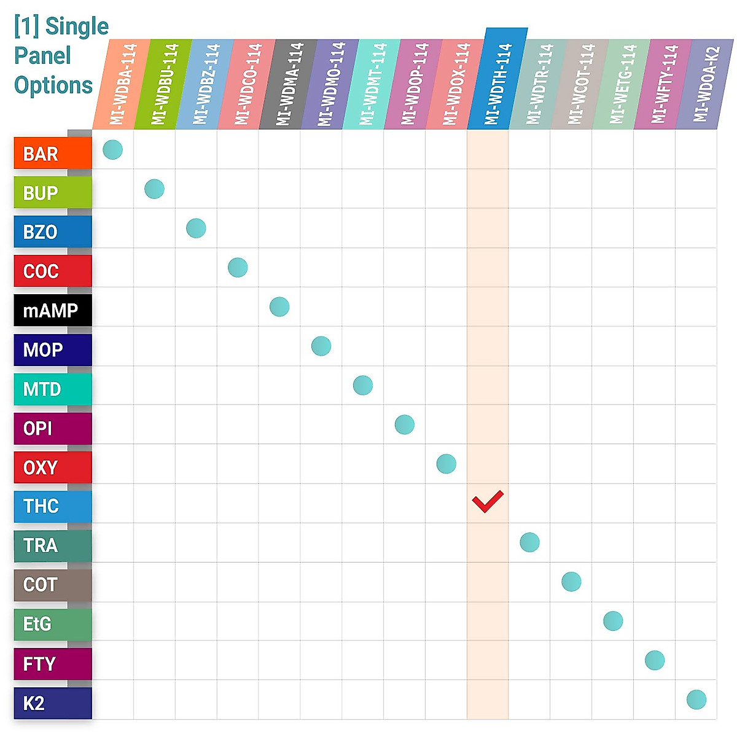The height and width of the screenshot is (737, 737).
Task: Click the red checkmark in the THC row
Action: click(x=488, y=502)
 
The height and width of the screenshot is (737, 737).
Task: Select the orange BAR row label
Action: click(x=53, y=153)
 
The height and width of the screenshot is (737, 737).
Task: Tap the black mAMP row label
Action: click(x=53, y=310)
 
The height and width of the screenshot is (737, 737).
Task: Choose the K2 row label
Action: click(x=53, y=703)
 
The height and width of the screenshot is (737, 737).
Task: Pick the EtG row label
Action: click(x=53, y=624)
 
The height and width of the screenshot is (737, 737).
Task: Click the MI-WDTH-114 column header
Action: click(x=497, y=80)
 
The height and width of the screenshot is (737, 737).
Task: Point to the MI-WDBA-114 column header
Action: click(x=122, y=84)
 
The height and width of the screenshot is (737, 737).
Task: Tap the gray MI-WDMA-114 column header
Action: click(x=289, y=84)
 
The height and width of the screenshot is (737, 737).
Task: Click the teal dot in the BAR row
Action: click(x=113, y=149)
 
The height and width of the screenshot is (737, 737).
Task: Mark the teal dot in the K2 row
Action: click(x=696, y=700)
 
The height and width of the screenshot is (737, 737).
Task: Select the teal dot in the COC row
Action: click(x=238, y=267)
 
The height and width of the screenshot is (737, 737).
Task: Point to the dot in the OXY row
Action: click(x=446, y=464)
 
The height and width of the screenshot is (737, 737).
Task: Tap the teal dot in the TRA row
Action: click(x=529, y=542)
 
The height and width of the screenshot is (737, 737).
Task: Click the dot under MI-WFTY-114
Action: click(x=655, y=660)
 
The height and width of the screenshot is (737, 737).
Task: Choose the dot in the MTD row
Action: click(x=363, y=385)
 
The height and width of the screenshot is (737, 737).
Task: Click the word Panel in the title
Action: click(x=42, y=56)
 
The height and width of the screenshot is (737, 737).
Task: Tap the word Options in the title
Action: click(x=53, y=85)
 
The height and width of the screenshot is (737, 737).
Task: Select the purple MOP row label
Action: click(x=53, y=349)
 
